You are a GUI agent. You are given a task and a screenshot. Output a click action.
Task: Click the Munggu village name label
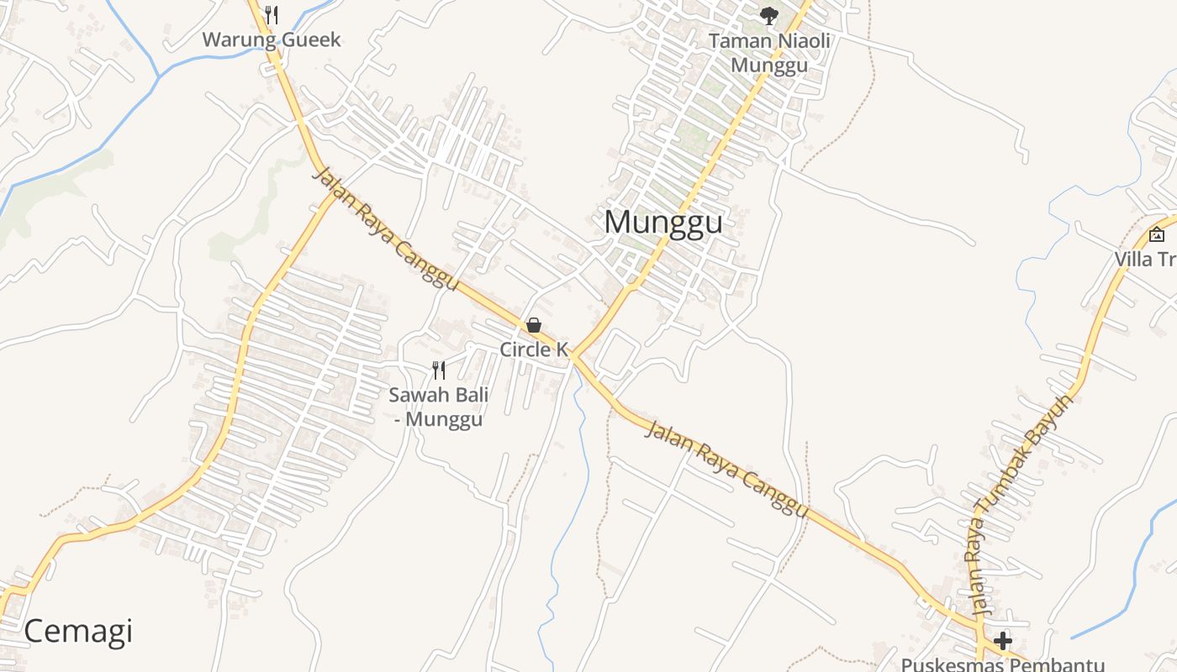(x=663, y=223)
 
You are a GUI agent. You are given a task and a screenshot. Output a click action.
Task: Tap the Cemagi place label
(x=78, y=631)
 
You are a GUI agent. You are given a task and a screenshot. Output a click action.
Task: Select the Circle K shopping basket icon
(x=533, y=325)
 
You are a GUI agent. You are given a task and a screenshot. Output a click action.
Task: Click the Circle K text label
(x=534, y=349)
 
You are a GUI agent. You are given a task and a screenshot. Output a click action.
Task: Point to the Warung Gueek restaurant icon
(x=271, y=14)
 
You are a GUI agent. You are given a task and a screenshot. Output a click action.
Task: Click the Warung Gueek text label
(x=272, y=39)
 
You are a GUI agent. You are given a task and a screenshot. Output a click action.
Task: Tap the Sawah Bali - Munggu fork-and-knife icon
(x=438, y=370)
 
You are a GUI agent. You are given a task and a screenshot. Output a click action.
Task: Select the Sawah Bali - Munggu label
(x=439, y=407)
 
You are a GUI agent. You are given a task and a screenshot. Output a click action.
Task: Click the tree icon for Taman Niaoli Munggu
(x=768, y=14)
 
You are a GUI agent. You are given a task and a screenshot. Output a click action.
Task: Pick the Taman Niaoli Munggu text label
(x=769, y=53)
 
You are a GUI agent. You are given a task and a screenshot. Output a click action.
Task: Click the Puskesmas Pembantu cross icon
(x=1002, y=641)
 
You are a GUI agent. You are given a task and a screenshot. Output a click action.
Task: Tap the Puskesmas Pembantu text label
(x=1002, y=664)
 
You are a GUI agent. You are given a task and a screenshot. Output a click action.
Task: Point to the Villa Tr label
(x=1146, y=259)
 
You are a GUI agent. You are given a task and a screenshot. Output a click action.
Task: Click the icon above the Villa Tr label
(x=1156, y=234)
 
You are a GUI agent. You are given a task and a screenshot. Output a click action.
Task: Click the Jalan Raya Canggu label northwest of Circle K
(x=386, y=228)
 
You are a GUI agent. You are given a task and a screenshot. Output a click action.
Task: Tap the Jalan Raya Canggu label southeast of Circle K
(x=726, y=470)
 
